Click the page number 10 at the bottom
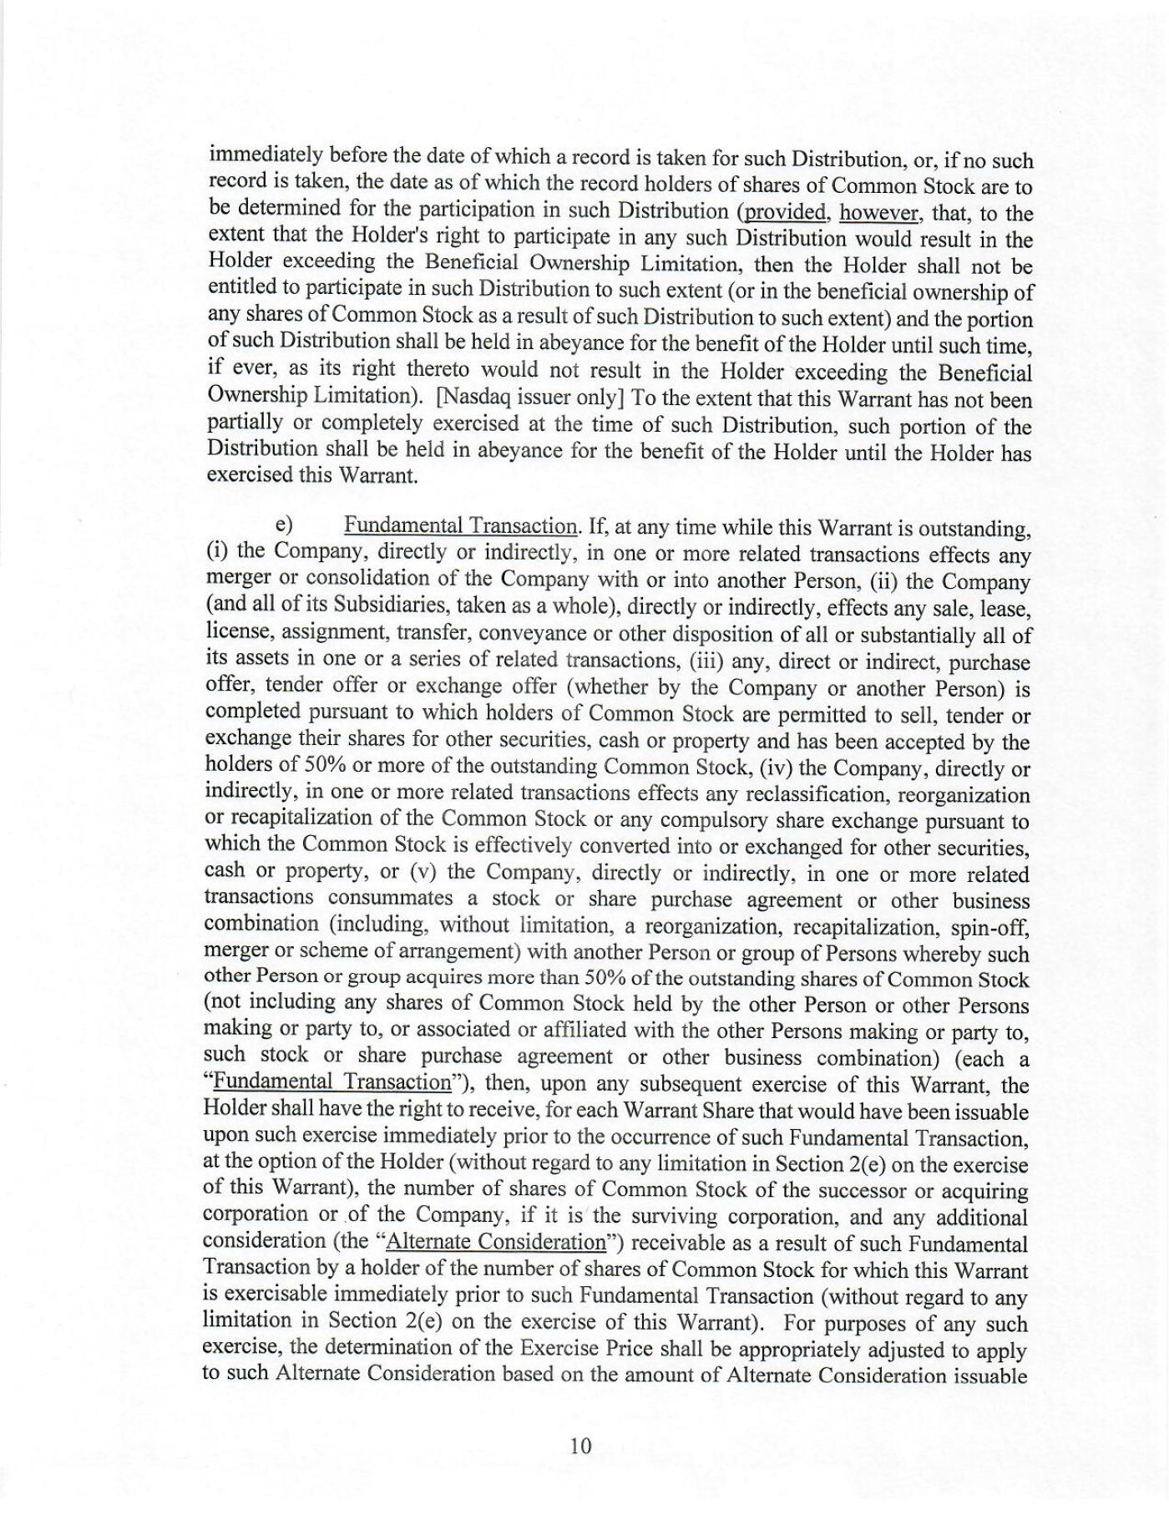(580, 1446)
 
